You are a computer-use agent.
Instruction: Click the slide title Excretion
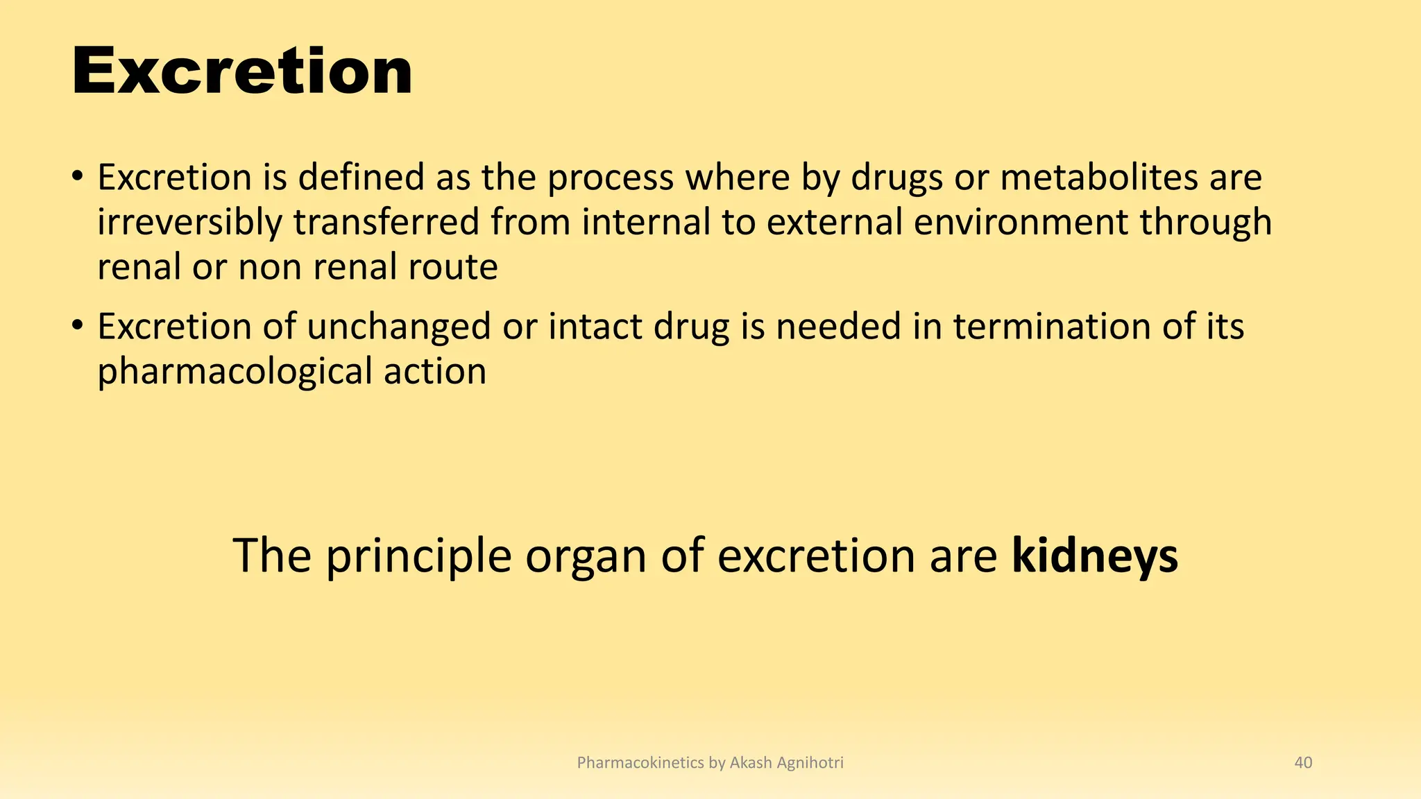point(241,72)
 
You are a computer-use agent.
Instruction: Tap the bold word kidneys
point(1094,556)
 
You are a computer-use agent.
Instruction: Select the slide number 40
point(1303,763)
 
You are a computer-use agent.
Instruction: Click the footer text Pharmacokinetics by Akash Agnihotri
point(710,763)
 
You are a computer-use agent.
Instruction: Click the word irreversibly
point(189,223)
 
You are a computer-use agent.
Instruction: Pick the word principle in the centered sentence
point(418,556)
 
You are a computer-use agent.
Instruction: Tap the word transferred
point(386,223)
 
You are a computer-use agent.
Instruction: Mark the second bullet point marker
point(78,326)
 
